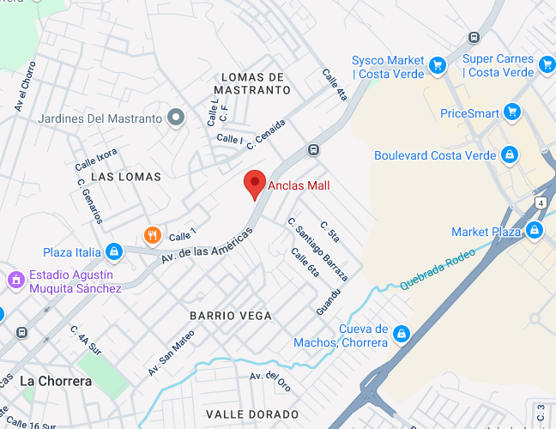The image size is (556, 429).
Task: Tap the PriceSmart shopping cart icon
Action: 512,112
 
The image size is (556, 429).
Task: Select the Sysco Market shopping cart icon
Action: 437,65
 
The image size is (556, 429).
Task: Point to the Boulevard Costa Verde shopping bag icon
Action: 510,155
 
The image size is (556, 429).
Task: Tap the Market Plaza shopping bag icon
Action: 535,231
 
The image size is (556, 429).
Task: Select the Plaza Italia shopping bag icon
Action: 113,251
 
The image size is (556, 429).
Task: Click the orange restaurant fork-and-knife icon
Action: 152,234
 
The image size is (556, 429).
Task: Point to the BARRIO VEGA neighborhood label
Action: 231,316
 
